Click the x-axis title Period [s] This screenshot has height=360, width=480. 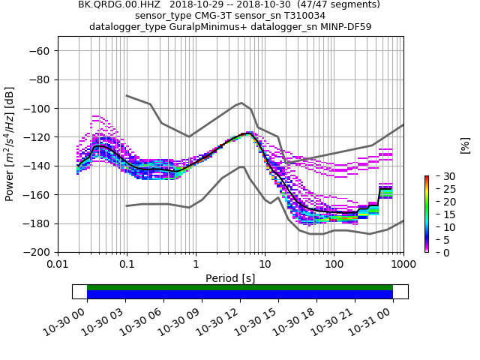(x=230, y=278)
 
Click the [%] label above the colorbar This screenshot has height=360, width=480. (x=465, y=145)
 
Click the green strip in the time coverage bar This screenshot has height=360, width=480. (x=240, y=287)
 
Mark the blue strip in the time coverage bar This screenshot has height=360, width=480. (x=240, y=295)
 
